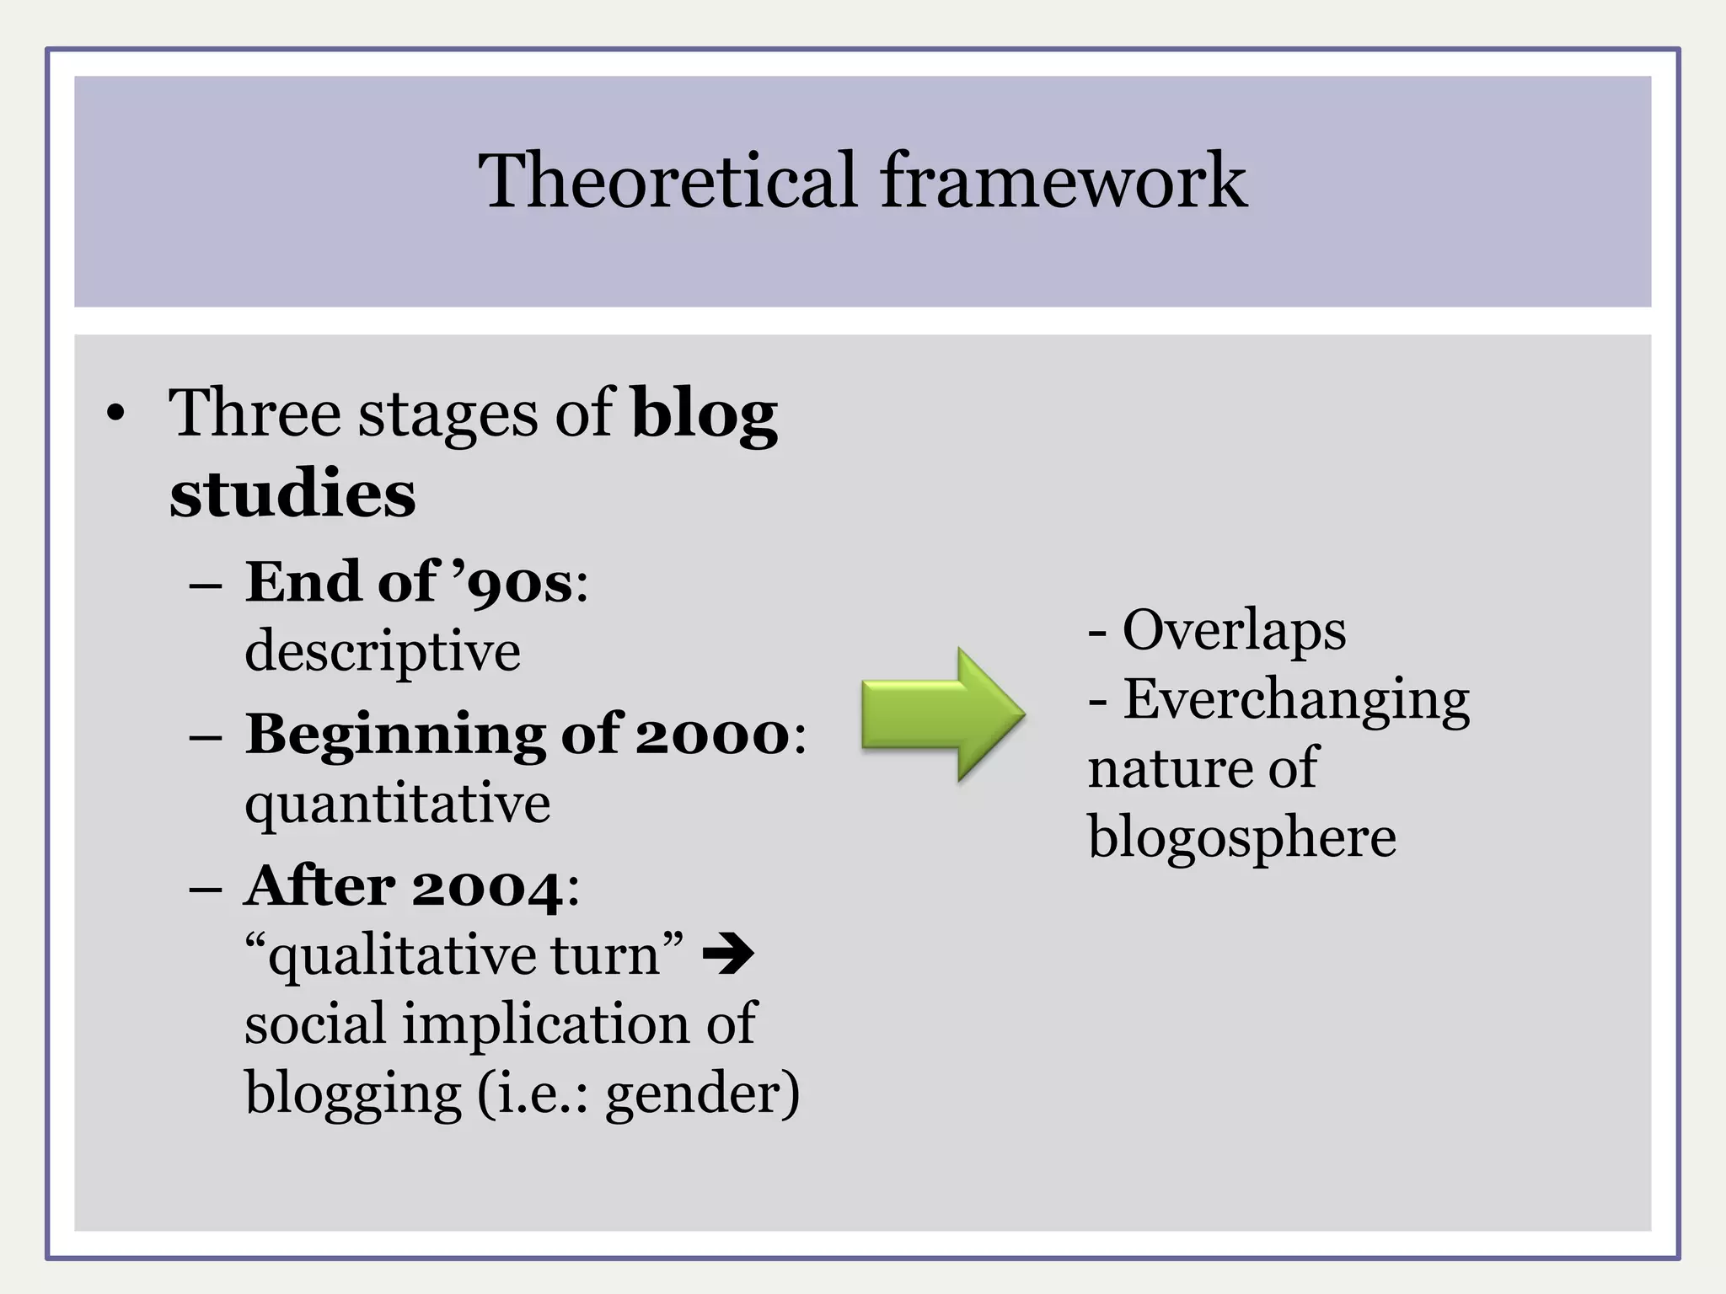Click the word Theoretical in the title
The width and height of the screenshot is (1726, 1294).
(x=667, y=180)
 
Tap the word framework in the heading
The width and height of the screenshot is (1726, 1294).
(x=1063, y=180)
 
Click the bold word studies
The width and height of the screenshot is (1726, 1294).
(x=292, y=493)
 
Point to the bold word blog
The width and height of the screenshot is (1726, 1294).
(x=704, y=414)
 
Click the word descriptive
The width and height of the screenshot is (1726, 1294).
(x=383, y=652)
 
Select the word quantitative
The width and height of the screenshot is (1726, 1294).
(x=397, y=804)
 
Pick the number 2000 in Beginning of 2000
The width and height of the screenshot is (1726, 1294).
(x=711, y=735)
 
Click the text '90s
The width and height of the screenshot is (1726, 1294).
(x=513, y=583)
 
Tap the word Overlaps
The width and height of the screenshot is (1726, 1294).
(x=1234, y=630)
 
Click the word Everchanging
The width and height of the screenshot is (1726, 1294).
(x=1296, y=700)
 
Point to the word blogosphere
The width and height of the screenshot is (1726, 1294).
(x=1241, y=837)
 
